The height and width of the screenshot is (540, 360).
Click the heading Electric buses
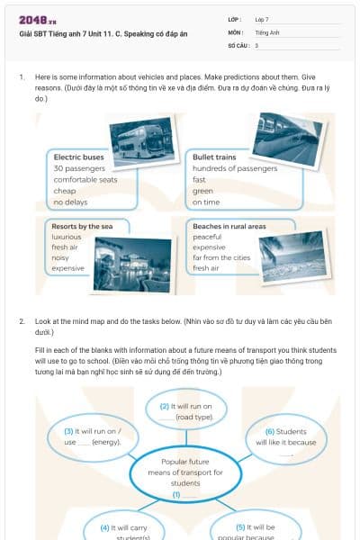(x=78, y=157)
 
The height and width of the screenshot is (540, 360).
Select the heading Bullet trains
(x=214, y=157)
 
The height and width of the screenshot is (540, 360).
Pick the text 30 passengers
(x=79, y=168)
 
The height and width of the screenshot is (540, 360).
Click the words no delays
(x=68, y=202)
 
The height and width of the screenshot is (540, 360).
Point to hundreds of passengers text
(x=234, y=168)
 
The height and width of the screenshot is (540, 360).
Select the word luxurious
(x=67, y=237)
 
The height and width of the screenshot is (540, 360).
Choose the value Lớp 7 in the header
(x=262, y=18)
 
